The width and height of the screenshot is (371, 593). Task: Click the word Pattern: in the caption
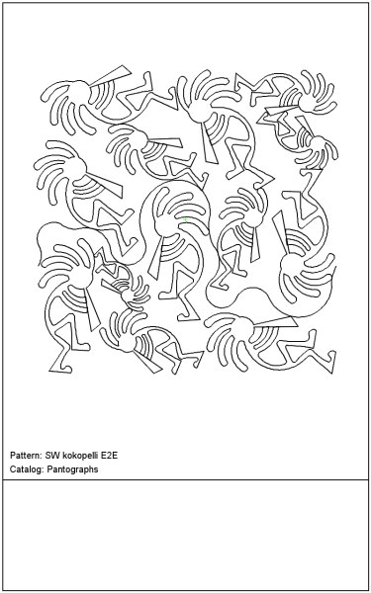(26, 455)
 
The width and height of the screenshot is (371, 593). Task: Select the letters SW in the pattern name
(50, 455)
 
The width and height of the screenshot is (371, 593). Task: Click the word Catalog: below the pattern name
(27, 469)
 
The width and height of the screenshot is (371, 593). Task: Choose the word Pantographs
(72, 469)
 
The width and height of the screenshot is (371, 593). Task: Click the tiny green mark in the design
(186, 219)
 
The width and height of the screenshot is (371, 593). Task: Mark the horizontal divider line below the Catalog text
(186, 480)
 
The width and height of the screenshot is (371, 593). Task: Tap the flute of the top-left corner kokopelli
(110, 76)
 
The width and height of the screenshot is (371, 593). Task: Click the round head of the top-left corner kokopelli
(80, 90)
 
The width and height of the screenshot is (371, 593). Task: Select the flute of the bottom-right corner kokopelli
(276, 322)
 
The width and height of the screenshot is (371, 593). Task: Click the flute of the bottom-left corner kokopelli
(91, 309)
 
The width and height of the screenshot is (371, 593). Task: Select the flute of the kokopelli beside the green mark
(155, 258)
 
